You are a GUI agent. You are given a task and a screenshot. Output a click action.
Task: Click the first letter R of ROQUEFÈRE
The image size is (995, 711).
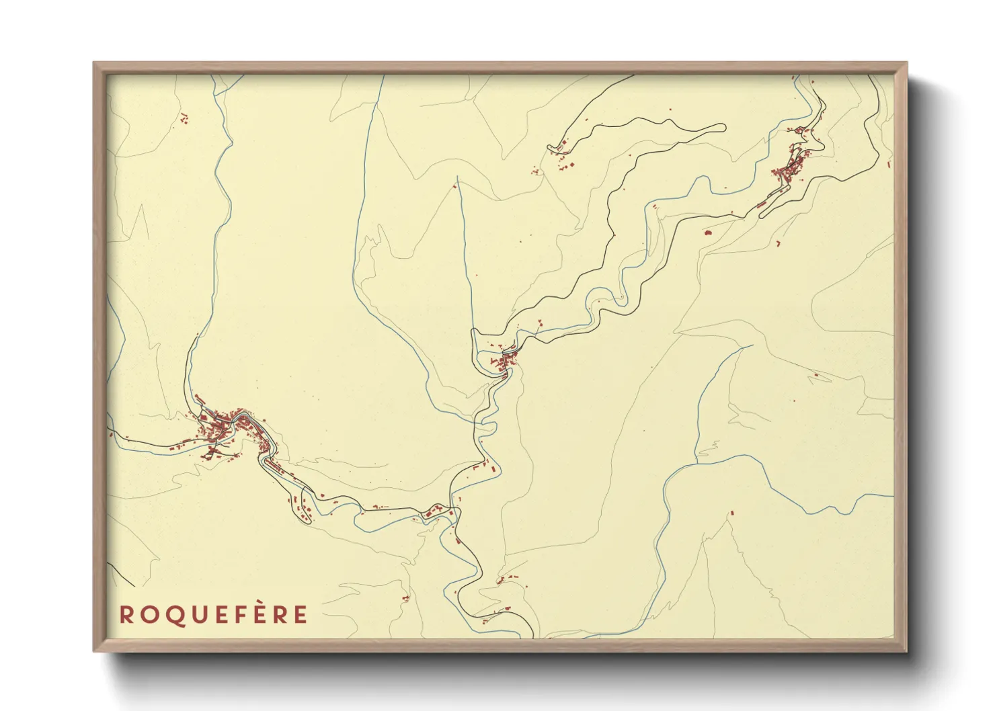(x=126, y=614)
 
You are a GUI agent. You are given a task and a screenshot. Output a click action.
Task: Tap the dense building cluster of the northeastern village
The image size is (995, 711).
(x=791, y=168)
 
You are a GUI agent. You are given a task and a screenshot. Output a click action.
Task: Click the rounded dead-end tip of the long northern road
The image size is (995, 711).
(x=723, y=126)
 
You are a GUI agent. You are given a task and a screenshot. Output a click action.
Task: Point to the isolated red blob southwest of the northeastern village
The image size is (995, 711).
(x=707, y=233)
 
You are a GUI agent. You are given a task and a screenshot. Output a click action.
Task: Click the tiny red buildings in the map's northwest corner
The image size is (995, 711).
(x=183, y=120)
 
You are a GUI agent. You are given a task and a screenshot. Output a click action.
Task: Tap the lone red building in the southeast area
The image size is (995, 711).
(x=731, y=514)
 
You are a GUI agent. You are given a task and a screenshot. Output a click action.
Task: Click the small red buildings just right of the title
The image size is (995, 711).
(x=405, y=598)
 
